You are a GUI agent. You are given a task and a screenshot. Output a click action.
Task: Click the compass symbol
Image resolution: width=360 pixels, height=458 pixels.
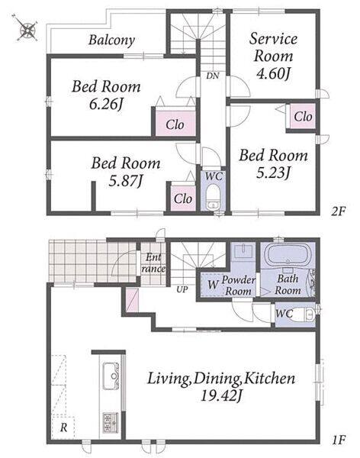27,28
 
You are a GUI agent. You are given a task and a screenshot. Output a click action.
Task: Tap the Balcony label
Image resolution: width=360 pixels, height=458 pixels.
112,40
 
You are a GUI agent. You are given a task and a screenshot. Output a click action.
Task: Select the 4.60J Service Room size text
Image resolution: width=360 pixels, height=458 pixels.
273,73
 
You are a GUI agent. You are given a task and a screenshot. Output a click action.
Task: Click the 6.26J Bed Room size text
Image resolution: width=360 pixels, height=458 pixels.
106,104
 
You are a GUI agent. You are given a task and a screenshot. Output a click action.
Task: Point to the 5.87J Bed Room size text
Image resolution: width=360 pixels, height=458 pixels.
126,181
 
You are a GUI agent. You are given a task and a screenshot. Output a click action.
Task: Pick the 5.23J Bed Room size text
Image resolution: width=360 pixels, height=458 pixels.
273,173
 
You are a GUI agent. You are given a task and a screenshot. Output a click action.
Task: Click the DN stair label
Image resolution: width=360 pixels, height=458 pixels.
212,76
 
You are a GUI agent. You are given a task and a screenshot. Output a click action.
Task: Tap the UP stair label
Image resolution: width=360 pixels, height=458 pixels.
182,290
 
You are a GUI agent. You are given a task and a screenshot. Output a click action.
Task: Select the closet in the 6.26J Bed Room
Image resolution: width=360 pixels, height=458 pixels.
175,124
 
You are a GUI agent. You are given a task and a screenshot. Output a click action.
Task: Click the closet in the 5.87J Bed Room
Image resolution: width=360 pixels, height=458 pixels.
183,198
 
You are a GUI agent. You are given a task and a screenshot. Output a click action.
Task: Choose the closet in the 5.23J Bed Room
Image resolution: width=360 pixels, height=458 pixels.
303,117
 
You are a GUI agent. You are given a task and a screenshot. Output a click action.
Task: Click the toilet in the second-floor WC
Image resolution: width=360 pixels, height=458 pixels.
214,197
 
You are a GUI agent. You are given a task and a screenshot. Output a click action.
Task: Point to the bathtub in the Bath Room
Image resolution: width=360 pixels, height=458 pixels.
288,255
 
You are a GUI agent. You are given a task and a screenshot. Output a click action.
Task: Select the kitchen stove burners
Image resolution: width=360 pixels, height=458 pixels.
111,423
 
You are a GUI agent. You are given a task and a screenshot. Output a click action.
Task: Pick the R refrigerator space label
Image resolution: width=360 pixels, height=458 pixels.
63,427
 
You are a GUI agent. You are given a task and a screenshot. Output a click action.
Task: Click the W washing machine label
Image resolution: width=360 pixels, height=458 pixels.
213,285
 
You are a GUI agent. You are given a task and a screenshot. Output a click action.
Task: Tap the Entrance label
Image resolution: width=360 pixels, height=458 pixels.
153,263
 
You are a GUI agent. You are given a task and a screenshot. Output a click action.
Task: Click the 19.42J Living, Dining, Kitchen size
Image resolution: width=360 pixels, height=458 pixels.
221,396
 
